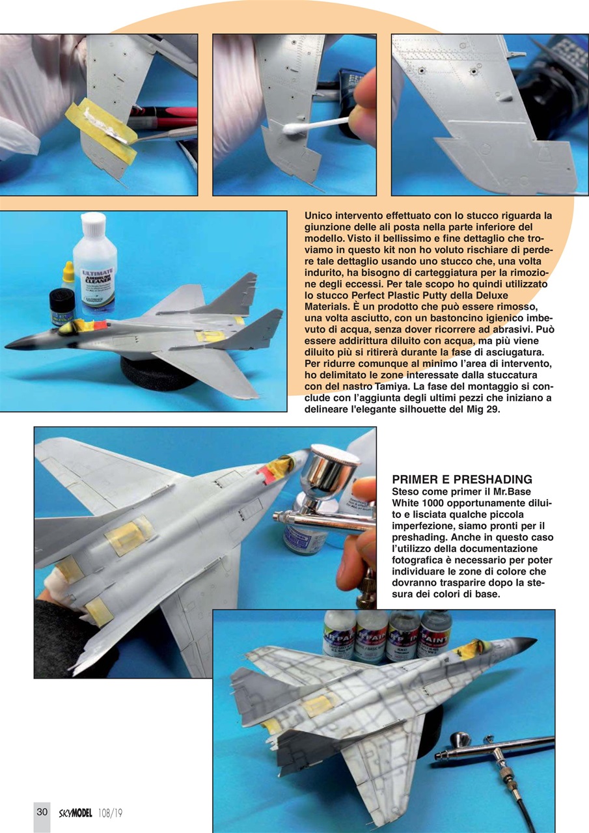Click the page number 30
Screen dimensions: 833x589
coord(42,812)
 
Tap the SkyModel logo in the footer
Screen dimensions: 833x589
coord(73,812)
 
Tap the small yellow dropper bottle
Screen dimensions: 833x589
coord(68,275)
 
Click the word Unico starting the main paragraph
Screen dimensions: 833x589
coord(320,215)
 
